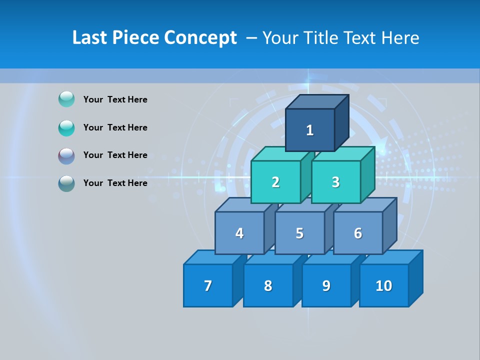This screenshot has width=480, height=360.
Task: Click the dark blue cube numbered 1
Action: (310, 130)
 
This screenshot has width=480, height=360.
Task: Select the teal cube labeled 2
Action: (275, 182)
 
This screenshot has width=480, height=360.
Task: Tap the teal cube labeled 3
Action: (335, 182)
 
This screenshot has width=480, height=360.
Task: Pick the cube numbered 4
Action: (239, 233)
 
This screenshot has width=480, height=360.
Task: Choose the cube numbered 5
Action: (299, 233)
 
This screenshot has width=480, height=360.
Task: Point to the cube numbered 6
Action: (358, 233)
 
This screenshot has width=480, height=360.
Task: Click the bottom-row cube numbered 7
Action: (208, 285)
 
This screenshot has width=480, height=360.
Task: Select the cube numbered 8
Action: (268, 285)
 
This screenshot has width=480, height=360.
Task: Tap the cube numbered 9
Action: (326, 285)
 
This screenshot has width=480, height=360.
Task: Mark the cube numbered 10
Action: (384, 285)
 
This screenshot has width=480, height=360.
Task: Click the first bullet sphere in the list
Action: (66, 99)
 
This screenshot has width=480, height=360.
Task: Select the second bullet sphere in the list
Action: (66, 127)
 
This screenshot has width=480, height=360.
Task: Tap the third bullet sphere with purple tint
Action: (66, 155)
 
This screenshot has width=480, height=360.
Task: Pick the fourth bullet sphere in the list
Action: (66, 183)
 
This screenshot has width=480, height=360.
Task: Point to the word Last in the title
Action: (89, 38)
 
